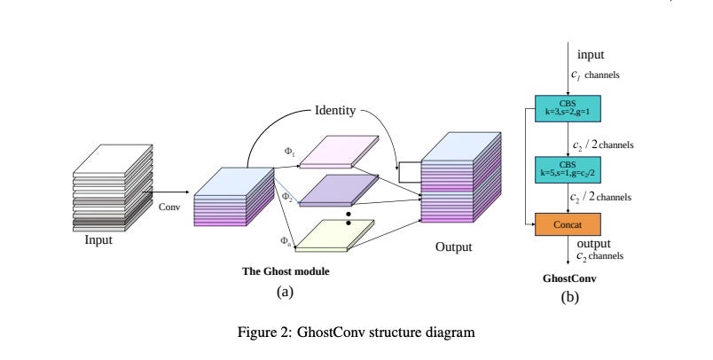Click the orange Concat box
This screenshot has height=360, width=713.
pyautogui.click(x=568, y=224)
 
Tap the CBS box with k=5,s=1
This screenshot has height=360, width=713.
pyautogui.click(x=568, y=168)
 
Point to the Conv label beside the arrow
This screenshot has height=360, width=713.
pyautogui.click(x=169, y=208)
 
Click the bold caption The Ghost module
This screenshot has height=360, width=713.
pyautogui.click(x=285, y=271)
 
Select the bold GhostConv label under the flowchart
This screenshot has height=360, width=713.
pyautogui.click(x=568, y=278)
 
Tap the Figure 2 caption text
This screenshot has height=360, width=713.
pyautogui.click(x=356, y=333)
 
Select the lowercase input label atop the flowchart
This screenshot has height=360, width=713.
pyautogui.click(x=590, y=54)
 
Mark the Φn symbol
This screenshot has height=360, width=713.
pyautogui.click(x=286, y=240)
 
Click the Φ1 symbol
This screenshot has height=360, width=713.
pyautogui.click(x=289, y=151)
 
